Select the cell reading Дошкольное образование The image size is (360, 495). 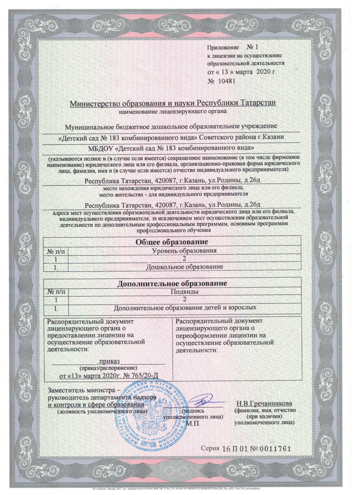[184, 267]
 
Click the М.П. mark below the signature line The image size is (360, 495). [193, 424]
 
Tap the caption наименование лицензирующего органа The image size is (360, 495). [172, 111]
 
